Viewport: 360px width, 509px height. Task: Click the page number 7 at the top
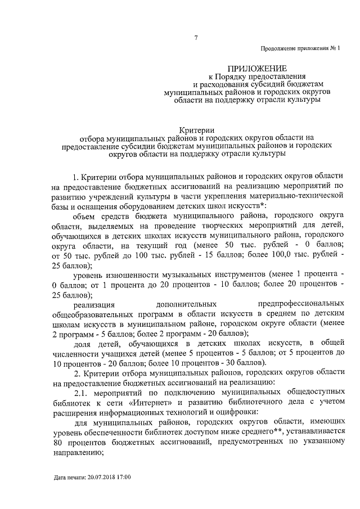(196, 38)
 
